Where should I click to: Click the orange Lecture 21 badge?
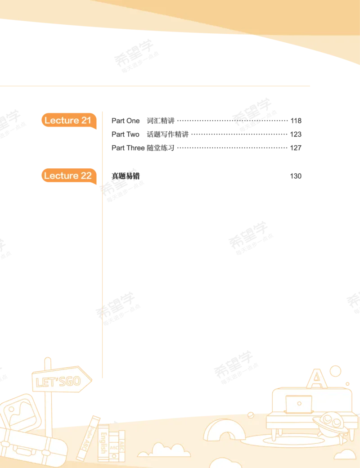(x=69, y=120)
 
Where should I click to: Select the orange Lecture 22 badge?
(x=69, y=175)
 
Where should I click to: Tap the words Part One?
(x=126, y=121)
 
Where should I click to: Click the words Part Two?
(x=126, y=134)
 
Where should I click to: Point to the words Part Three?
(x=128, y=148)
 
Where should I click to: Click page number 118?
(x=296, y=121)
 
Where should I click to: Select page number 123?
(x=296, y=134)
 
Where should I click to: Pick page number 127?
(x=296, y=148)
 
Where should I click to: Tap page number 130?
(x=296, y=176)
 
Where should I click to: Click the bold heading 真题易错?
(x=126, y=176)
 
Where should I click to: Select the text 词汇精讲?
(x=161, y=121)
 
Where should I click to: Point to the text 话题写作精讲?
(x=168, y=134)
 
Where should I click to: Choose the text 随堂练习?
(x=161, y=148)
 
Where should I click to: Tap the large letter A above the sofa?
(x=317, y=378)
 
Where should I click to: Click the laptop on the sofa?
(x=298, y=404)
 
